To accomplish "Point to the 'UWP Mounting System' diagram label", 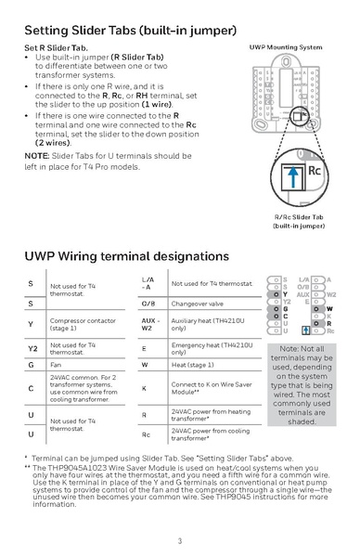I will coord(286,46).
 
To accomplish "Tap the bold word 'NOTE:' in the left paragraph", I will coord(38,154).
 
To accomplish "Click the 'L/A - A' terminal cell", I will coord(148,282).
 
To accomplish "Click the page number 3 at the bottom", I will coord(179,540).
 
